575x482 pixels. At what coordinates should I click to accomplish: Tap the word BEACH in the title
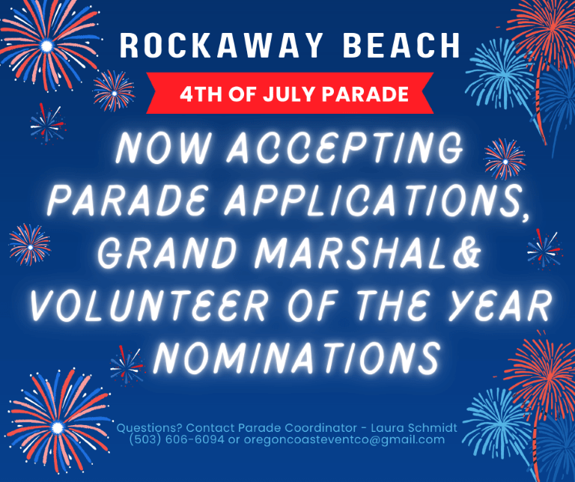pos(401,46)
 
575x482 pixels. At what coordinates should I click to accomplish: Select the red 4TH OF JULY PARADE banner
pos(290,93)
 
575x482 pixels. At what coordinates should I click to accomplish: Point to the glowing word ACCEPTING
pos(344,147)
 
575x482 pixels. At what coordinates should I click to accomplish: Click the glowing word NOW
pos(162,147)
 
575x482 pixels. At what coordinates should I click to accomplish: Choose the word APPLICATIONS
pos(377,201)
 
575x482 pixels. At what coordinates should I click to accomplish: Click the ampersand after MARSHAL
pos(466,253)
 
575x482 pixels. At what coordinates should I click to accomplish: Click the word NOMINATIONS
pos(296,357)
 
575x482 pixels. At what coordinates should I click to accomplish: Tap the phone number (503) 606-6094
pos(177,439)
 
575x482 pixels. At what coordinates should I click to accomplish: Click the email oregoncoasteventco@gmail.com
pos(344,440)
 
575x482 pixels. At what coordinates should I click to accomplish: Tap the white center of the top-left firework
pos(46,46)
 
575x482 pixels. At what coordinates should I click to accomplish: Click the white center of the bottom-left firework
pos(57,427)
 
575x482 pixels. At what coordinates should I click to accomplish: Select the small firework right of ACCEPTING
pos(505,159)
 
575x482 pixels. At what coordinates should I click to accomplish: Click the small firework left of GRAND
pos(30,245)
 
